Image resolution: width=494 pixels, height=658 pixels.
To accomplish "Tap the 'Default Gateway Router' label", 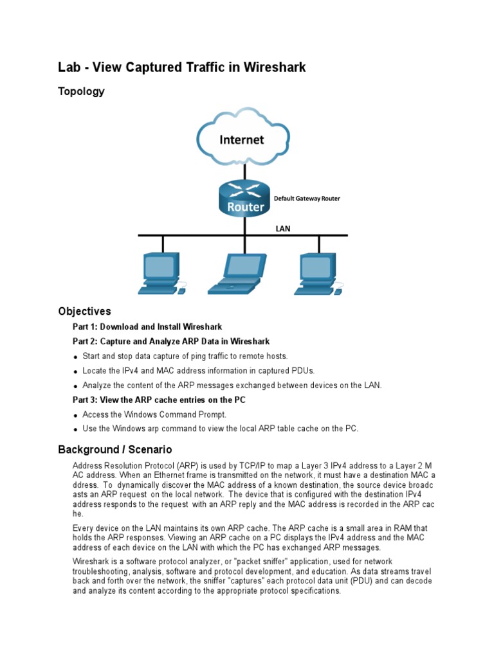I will [x=307, y=199].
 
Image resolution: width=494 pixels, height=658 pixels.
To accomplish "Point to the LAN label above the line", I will [x=284, y=227].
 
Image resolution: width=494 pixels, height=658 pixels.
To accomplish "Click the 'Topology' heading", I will [x=81, y=91].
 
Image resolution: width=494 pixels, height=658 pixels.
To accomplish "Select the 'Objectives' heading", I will [x=84, y=312].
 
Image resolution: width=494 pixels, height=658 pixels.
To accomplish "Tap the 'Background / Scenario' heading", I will [x=115, y=449].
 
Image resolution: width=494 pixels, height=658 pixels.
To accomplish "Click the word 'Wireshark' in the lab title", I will [x=273, y=67].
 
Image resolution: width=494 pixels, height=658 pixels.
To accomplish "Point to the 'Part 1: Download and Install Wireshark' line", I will [x=147, y=327].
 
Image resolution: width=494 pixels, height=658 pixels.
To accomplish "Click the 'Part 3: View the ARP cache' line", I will [x=158, y=400].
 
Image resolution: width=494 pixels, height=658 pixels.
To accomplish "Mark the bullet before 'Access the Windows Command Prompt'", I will [x=76, y=416].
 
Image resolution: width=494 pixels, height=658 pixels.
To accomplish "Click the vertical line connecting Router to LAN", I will [x=245, y=225].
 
